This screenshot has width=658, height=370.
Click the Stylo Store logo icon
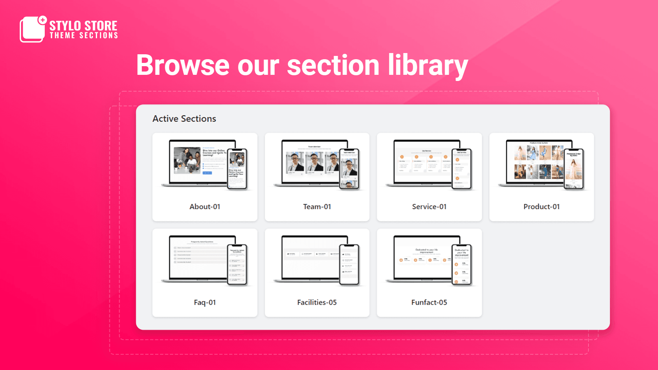click(x=32, y=29)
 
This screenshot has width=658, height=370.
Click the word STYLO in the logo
click(x=65, y=26)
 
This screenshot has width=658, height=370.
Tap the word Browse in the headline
click(x=183, y=66)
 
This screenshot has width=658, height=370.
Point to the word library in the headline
click(x=428, y=66)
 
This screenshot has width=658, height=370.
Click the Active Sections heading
click(x=184, y=119)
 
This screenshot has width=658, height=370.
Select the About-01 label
click(x=205, y=207)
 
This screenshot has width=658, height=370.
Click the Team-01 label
click(x=317, y=207)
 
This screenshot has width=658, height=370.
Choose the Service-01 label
click(x=429, y=207)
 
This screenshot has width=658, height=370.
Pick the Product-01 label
click(x=542, y=207)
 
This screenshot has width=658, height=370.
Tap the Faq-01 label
click(x=205, y=303)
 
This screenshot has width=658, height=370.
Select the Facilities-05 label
click(x=317, y=303)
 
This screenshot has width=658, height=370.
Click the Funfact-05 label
click(x=429, y=303)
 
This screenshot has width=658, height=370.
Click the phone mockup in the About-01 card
click(x=237, y=169)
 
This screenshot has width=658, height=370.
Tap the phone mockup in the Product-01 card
click(x=574, y=169)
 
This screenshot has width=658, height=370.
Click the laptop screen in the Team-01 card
click(x=310, y=162)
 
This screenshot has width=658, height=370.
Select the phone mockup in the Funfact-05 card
click(x=461, y=265)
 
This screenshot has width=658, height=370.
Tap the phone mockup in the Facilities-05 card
click(x=349, y=265)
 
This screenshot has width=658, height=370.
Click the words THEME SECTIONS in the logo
click(x=84, y=36)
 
